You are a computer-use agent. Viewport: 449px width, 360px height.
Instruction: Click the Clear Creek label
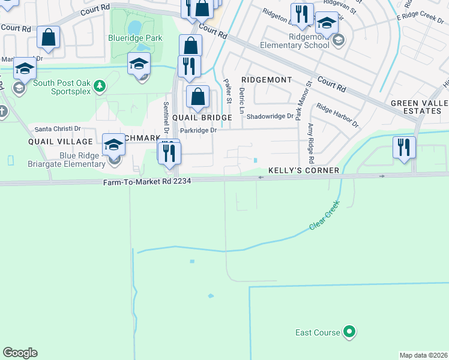click(325, 215)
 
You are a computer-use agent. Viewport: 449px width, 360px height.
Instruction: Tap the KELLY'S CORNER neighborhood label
click(304, 170)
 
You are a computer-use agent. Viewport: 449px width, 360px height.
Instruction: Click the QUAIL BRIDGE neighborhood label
click(202, 118)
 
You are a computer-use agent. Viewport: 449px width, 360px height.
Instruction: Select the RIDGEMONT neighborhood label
click(267, 80)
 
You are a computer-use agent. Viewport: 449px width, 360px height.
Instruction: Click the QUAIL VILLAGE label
click(60, 142)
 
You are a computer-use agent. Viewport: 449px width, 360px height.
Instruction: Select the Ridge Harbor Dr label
click(337, 116)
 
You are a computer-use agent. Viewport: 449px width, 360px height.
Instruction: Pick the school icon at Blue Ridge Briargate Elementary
click(114, 145)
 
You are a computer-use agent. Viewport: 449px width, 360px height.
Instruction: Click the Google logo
click(20, 353)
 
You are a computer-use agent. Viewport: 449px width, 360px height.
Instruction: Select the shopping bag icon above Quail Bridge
click(198, 97)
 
